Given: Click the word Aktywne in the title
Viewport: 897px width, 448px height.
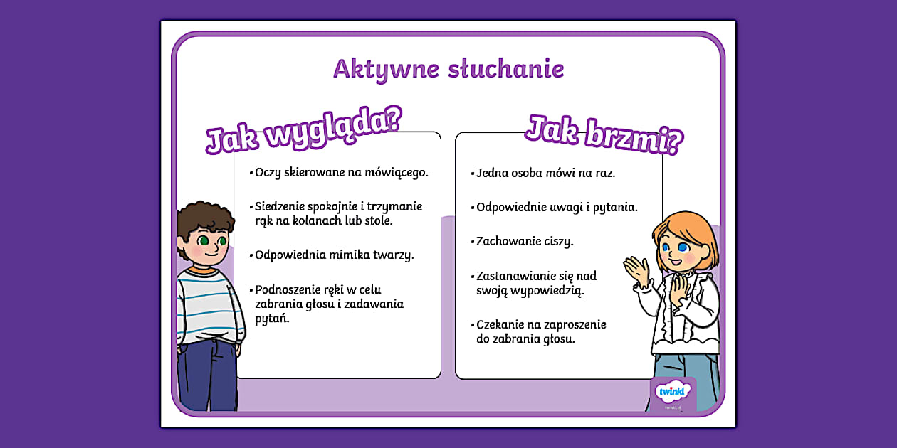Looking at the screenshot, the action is [x=386, y=70].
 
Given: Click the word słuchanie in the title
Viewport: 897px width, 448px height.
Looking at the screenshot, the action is [x=506, y=68].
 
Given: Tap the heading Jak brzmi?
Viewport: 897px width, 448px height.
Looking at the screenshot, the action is [x=604, y=134].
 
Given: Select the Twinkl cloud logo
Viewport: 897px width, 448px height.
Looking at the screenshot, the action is [x=673, y=391].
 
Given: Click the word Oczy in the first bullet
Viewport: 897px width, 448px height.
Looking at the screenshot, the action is [x=268, y=172].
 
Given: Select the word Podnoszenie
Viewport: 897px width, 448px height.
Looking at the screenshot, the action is [x=286, y=289].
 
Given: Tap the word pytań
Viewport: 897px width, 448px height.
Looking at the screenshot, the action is [x=272, y=319].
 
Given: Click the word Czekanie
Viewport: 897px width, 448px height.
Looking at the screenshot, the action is [x=499, y=324].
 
